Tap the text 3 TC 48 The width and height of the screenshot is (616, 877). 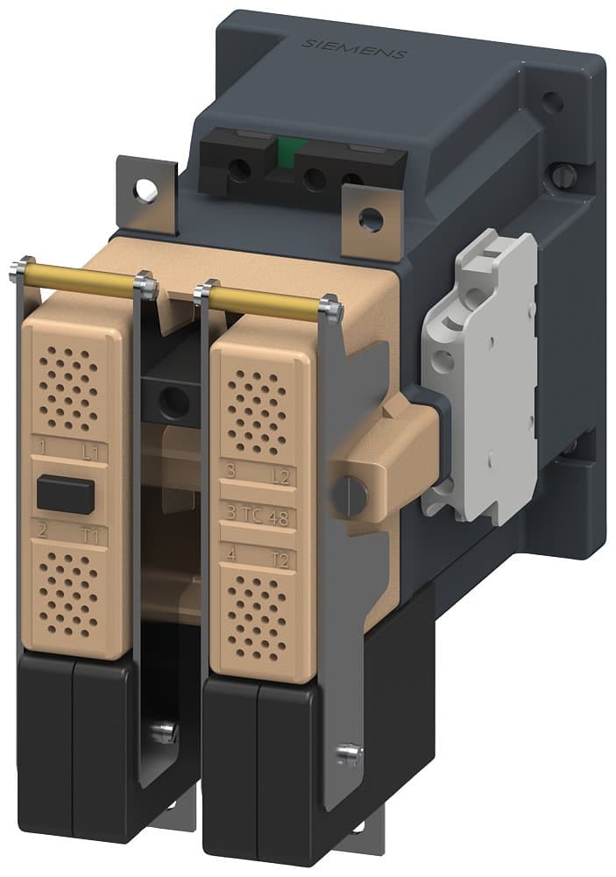click(x=257, y=515)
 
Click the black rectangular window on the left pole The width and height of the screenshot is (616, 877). click(x=65, y=494)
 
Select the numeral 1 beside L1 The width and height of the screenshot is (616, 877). click(x=42, y=450)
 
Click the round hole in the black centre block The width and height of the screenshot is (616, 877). click(x=175, y=402)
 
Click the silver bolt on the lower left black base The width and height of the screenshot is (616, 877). click(x=163, y=730)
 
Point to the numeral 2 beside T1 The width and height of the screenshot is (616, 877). click(x=42, y=528)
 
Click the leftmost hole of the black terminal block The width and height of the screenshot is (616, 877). click(x=237, y=169)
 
